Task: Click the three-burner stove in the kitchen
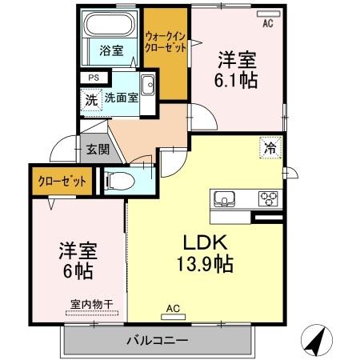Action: [266, 198]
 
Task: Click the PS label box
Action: [94, 78]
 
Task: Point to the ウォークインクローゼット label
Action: [166, 41]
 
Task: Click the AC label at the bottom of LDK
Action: [172, 308]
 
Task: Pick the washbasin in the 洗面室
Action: [147, 85]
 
